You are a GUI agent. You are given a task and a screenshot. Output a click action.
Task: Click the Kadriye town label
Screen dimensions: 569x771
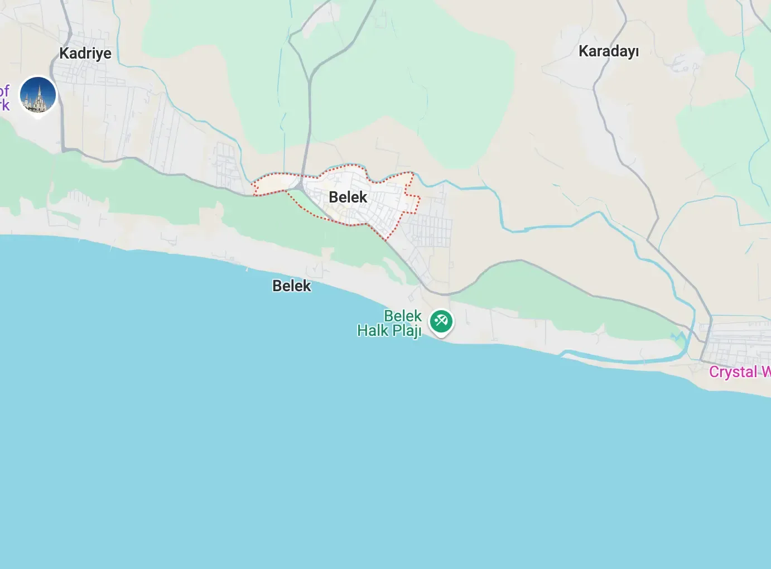tap(85, 54)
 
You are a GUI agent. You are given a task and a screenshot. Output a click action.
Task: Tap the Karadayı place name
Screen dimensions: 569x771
tap(608, 51)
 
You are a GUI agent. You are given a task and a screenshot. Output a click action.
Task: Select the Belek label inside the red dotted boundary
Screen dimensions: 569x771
tap(348, 197)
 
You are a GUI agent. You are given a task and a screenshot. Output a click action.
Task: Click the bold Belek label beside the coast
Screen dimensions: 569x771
tap(291, 286)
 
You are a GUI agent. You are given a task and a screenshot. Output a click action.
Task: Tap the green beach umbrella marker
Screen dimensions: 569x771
tap(441, 321)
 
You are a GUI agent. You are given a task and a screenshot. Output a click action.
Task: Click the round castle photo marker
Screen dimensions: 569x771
tap(38, 95)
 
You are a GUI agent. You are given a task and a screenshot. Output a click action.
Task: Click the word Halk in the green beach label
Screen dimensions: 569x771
tap(373, 331)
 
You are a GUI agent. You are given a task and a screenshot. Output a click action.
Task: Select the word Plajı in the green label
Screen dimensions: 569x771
tap(406, 331)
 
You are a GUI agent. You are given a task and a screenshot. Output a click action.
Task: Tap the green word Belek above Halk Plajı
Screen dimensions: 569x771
tap(402, 316)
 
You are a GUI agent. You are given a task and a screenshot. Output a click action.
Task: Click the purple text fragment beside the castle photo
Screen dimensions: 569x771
tap(4, 98)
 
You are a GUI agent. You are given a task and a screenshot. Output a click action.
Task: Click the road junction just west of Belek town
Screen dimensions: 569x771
tap(301, 185)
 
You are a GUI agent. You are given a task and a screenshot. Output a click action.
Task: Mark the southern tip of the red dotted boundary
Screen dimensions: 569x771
tap(385, 240)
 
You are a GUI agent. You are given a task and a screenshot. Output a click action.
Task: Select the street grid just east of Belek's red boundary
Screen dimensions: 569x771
tap(432, 232)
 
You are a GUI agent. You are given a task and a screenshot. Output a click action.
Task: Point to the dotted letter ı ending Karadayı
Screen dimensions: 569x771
tap(636, 51)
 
